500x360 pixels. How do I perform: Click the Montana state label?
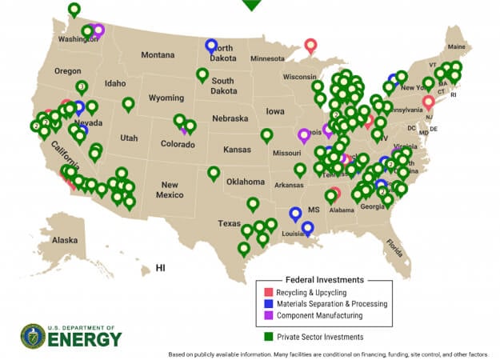158,55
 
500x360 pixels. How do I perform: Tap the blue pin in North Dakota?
211,46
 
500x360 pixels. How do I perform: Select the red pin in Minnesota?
310,46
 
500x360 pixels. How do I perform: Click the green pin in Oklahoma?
214,173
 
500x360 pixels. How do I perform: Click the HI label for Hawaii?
160,267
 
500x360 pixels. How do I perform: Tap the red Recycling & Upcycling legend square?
270,294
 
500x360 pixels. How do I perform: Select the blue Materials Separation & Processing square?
270,305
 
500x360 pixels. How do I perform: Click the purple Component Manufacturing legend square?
270,316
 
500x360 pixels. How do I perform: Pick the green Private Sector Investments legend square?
270,337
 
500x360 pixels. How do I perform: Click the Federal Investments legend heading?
324,280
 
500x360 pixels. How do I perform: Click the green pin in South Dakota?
202,75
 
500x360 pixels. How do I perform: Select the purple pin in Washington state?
98,30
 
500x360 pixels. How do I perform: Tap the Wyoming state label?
166,98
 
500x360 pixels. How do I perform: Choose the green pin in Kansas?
266,135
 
